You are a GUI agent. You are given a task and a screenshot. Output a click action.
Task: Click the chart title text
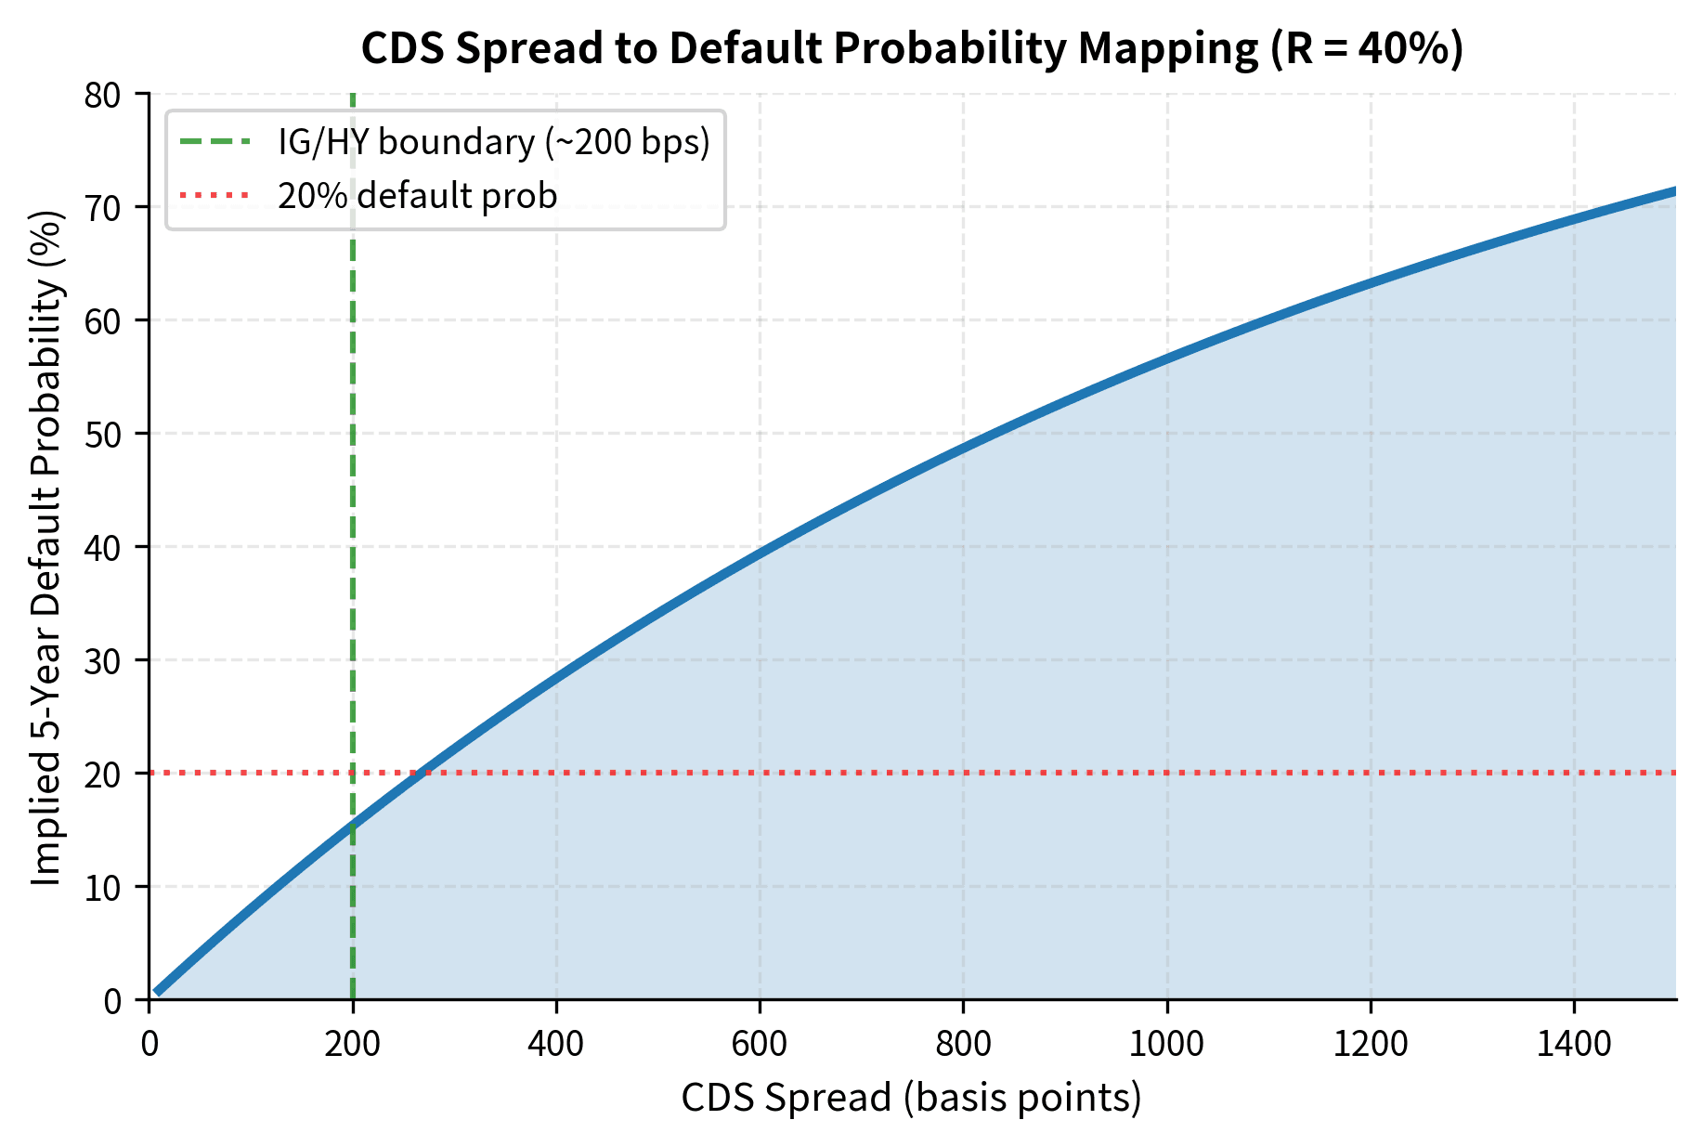[x=912, y=48]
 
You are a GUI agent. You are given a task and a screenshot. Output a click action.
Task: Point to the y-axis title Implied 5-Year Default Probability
[x=46, y=548]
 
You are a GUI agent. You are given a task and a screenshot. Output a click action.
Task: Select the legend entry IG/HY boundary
[x=493, y=142]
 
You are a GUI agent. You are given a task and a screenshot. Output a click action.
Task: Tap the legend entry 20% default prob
[x=417, y=196]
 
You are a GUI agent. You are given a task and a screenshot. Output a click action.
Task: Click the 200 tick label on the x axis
[x=353, y=1044]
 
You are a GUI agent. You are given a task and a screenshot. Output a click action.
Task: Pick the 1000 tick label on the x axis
[x=1166, y=1044]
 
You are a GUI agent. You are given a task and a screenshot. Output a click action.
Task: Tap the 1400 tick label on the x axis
[x=1574, y=1044]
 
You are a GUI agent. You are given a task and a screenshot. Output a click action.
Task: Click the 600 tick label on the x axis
[x=760, y=1044]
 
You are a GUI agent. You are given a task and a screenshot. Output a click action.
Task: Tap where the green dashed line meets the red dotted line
[x=353, y=773]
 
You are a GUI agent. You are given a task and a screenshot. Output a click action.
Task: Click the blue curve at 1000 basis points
[x=1167, y=358]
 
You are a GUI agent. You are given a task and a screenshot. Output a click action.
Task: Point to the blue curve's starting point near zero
[x=158, y=992]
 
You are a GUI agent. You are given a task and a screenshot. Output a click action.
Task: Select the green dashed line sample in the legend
[x=214, y=142]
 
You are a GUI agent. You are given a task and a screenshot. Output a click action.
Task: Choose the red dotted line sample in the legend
[x=214, y=196]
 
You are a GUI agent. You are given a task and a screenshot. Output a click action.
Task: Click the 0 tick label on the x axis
[x=149, y=1044]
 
